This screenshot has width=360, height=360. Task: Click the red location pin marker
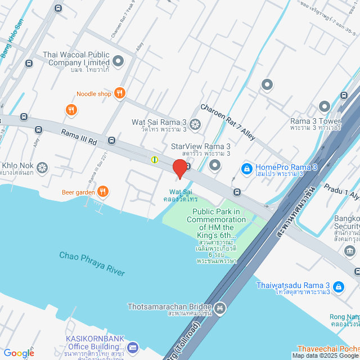point(179,169)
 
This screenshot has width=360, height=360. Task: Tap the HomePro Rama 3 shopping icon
point(246,168)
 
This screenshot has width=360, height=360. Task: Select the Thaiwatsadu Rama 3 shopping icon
point(339,287)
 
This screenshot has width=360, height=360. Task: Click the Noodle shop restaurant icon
point(119,93)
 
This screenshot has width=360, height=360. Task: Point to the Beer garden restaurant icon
point(102,192)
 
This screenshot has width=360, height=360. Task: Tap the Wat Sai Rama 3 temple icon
point(195,124)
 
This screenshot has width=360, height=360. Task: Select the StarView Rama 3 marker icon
point(215,165)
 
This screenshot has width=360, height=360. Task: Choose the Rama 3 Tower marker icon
point(324,106)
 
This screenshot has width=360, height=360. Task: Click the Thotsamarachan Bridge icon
point(220,307)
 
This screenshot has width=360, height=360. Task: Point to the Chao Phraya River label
point(92,263)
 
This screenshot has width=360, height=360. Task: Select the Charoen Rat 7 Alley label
point(228,121)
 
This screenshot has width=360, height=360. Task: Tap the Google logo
point(19,353)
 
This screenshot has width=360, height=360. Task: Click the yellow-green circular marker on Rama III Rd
point(154,160)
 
